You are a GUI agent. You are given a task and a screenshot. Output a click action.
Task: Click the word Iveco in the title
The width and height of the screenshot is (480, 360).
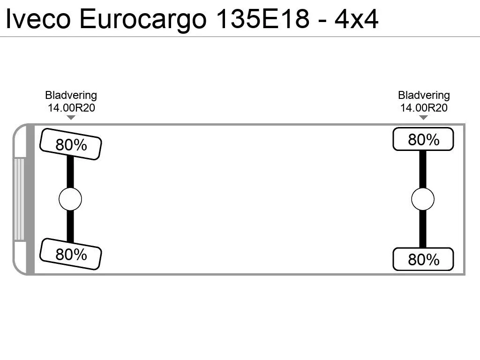pos(38,19)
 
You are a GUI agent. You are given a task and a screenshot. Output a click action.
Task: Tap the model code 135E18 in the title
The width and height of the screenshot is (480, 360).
pos(263,19)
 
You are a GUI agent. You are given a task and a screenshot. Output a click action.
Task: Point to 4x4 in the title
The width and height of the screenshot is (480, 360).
pos(356,19)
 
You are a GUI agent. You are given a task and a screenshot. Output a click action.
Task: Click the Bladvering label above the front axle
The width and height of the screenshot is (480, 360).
pos(71,95)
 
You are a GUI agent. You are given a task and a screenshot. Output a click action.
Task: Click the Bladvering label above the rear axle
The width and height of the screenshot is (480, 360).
pos(424,95)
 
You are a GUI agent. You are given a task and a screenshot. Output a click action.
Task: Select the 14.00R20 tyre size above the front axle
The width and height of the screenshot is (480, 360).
pos(71,108)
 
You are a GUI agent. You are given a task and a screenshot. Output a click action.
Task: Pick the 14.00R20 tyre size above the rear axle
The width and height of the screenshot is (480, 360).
pos(424,108)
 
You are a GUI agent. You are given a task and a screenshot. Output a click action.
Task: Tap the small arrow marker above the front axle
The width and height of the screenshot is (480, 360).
pos(71,118)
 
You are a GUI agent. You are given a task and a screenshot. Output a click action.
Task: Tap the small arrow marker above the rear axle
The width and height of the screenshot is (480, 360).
pos(423,118)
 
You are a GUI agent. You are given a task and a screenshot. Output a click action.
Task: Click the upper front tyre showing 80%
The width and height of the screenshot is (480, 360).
pos(71,144)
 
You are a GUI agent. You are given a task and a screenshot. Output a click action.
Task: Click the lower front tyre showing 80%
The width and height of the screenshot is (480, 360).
pos(71,254)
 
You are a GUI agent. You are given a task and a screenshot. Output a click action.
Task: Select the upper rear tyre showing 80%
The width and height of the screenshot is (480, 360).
pos(423,139)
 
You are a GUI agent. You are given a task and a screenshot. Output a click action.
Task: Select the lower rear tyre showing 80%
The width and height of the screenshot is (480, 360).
pos(423,259)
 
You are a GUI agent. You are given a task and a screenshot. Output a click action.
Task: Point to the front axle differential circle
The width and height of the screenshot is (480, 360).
pos(70,199)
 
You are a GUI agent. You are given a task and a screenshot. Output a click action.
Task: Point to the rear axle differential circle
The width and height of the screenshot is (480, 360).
pos(423,199)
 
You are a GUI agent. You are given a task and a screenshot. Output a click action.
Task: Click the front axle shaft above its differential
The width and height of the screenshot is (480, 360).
pos(70,172)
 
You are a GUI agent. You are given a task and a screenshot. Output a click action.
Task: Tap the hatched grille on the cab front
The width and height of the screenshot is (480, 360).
pos(19,199)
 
